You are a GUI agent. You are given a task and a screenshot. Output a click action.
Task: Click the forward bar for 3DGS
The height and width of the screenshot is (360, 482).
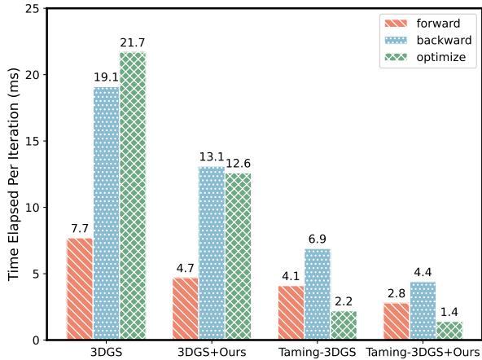pos(80,288)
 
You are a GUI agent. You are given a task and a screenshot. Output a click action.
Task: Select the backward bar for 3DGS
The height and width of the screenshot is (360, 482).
pos(106,213)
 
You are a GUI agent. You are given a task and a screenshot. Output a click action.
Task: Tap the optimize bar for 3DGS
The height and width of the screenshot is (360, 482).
pos(133,195)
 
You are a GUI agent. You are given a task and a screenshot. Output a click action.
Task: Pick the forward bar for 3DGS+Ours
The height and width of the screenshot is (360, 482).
pos(186,308)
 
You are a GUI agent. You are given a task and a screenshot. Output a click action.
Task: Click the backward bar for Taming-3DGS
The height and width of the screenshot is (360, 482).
pos(318,294)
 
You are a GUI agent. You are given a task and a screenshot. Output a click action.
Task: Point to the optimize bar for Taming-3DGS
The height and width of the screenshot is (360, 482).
pos(344,325)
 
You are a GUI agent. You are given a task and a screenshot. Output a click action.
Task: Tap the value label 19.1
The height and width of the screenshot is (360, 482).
pos(106,76)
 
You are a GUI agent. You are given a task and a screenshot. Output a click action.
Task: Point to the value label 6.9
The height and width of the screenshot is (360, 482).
pos(318,238)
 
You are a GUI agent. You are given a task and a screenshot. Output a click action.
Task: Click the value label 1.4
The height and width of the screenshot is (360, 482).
pos(450,311)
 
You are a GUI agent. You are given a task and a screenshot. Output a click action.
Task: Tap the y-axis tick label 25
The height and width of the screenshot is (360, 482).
pos(33,8)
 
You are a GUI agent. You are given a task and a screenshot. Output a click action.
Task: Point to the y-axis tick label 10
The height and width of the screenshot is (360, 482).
pos(33,207)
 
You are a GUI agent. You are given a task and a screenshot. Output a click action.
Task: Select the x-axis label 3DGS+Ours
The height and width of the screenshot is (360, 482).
pos(212,352)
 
